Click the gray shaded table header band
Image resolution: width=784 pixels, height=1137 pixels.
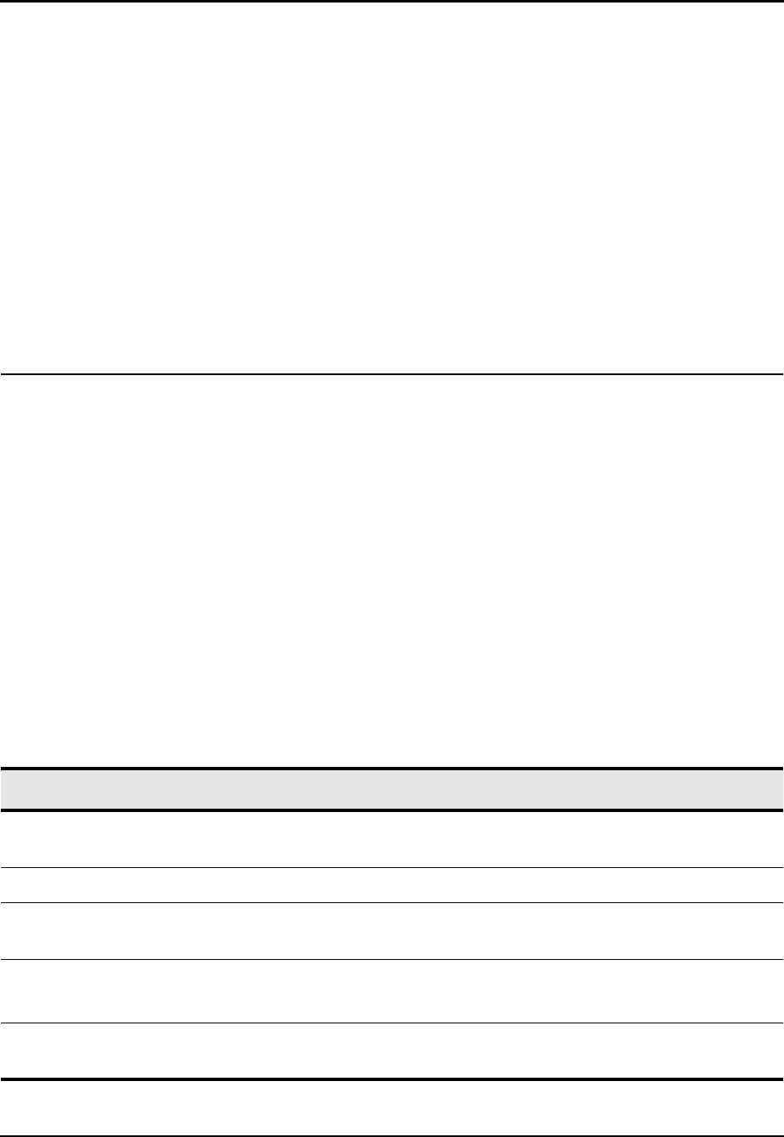[392, 789]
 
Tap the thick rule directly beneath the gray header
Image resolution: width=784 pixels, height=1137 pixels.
[392, 810]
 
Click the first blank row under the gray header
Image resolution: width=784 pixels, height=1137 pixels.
[392, 839]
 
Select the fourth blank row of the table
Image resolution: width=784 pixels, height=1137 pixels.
[392, 991]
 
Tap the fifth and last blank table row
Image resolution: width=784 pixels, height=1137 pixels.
[392, 1050]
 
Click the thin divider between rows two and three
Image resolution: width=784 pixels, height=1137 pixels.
[392, 902]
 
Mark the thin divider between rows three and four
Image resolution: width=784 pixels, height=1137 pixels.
[392, 959]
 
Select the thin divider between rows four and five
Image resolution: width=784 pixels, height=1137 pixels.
[392, 1023]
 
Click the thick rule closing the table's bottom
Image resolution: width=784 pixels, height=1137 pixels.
[392, 1079]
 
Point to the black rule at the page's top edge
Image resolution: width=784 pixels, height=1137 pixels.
[392, 2]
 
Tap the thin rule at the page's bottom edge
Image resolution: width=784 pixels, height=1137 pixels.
[392, 1135]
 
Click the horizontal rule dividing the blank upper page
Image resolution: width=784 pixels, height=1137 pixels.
[392, 373]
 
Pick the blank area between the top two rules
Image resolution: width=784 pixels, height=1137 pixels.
[392, 188]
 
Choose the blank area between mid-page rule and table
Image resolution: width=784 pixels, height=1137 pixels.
[392, 568]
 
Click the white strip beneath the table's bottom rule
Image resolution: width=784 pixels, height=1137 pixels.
[392, 1107]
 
